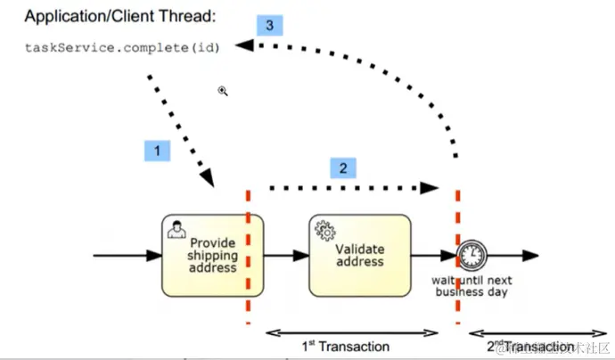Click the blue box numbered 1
(x=157, y=151)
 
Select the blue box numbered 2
(x=343, y=168)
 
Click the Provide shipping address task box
(x=212, y=255)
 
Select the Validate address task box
(x=360, y=255)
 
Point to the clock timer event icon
(x=470, y=255)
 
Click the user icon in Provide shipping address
(x=176, y=229)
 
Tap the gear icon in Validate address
(x=323, y=229)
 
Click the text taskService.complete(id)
(x=121, y=47)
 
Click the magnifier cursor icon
(x=223, y=90)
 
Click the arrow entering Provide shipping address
(x=125, y=255)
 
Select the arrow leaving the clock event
(x=512, y=255)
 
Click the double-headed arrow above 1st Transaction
(x=354, y=332)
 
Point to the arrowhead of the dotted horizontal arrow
(x=431, y=188)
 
